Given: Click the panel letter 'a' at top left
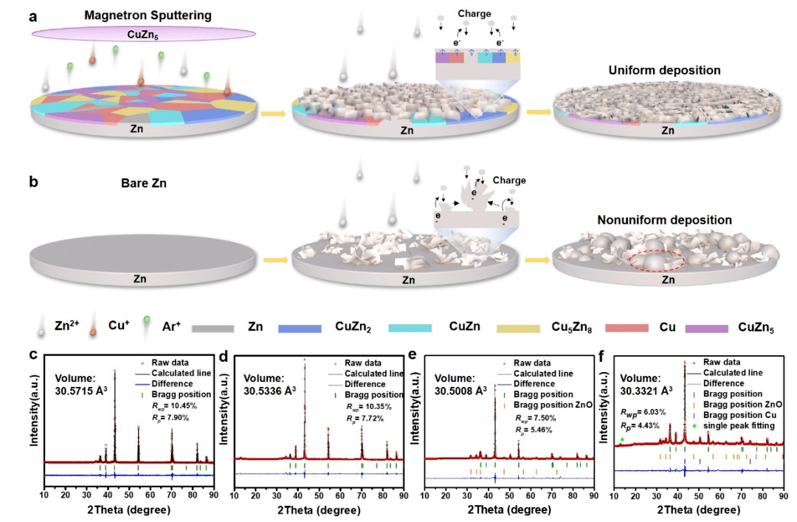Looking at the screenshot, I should (x=33, y=14).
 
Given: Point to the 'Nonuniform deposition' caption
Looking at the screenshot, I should (x=664, y=220).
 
